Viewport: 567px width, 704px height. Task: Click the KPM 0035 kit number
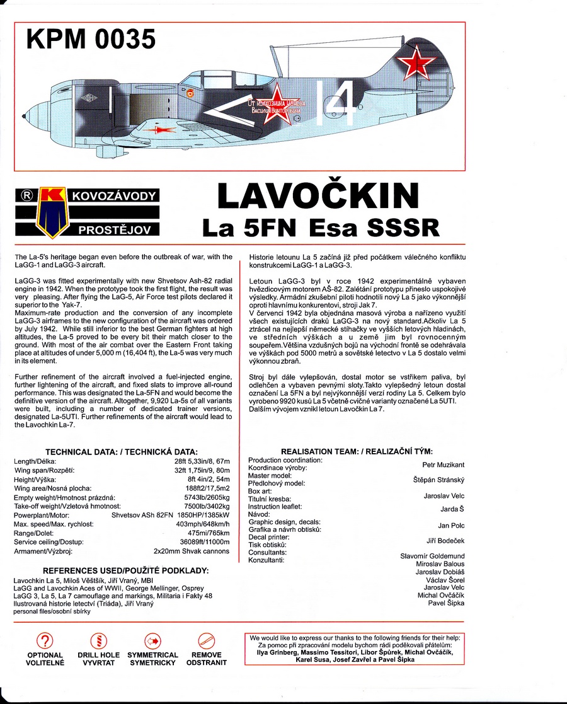pyautogui.click(x=91, y=39)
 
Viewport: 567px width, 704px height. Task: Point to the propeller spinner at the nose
pyautogui.click(x=26, y=115)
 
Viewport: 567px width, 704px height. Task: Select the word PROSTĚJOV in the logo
pyautogui.click(x=114, y=230)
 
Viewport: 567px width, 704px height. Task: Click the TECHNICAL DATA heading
pyautogui.click(x=122, y=452)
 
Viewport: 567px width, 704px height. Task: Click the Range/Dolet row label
pyautogui.click(x=34, y=533)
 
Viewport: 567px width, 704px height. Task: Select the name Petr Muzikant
pyautogui.click(x=443, y=465)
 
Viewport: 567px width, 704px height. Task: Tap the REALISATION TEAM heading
pyautogui.click(x=357, y=451)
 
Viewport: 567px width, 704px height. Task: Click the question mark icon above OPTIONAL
pyautogui.click(x=44, y=642)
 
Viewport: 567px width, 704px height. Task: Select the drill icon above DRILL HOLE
pyautogui.click(x=98, y=642)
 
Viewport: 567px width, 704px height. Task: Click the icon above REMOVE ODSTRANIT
pyautogui.click(x=206, y=642)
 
